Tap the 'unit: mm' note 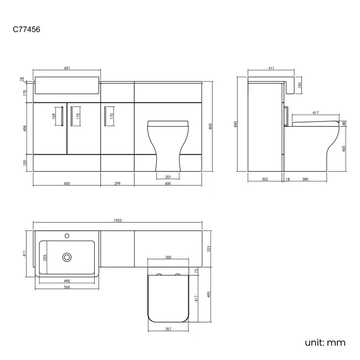click(325, 342)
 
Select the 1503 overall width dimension click(117, 220)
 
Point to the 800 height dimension click(210, 126)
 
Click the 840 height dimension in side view click(236, 125)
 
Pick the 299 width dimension click(117, 183)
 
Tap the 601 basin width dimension click(67, 68)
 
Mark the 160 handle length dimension click(54, 117)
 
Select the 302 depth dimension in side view click(265, 179)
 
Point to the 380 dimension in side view click(305, 179)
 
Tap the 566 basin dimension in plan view click(66, 287)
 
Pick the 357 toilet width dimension click(168, 330)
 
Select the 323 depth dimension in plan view click(208, 249)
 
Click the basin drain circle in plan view click(67, 257)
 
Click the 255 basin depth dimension click(45, 257)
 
